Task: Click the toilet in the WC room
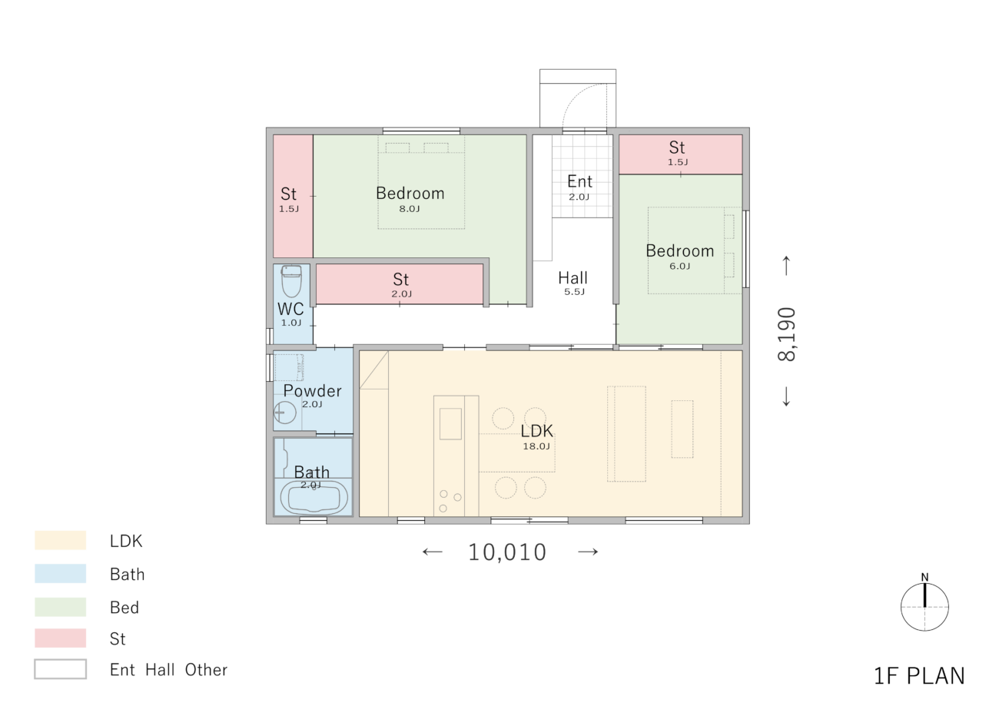click(x=292, y=281)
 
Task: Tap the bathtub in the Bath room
click(x=314, y=497)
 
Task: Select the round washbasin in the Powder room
click(x=284, y=413)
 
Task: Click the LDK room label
click(x=537, y=431)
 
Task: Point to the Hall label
click(x=573, y=278)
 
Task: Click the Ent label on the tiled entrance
click(x=579, y=181)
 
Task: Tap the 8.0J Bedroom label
click(x=410, y=194)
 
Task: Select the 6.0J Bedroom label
click(x=680, y=251)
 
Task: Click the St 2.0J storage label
click(x=401, y=280)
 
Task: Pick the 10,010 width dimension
click(x=507, y=552)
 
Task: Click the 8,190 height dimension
click(x=786, y=334)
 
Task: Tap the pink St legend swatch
click(x=60, y=638)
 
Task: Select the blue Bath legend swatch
click(x=60, y=574)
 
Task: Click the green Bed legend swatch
click(x=60, y=607)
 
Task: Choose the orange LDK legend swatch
click(x=60, y=540)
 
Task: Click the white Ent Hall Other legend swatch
click(x=60, y=669)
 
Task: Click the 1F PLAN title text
click(x=919, y=676)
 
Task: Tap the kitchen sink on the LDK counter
click(x=450, y=424)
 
